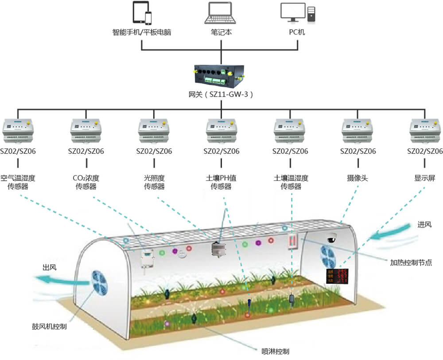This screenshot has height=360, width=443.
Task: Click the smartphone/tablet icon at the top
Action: (x=142, y=13)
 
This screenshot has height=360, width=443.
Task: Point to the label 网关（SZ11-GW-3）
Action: (x=220, y=95)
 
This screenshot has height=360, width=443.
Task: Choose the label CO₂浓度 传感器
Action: (x=86, y=182)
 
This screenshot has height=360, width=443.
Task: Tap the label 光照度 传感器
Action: (x=154, y=182)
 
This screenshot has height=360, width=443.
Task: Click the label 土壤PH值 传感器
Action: (x=221, y=182)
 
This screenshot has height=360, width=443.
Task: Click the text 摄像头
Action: (x=358, y=178)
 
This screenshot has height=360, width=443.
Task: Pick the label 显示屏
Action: (x=425, y=178)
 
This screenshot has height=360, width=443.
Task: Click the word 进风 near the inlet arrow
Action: (x=424, y=225)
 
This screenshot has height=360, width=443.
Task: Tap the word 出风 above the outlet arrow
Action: (x=49, y=267)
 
